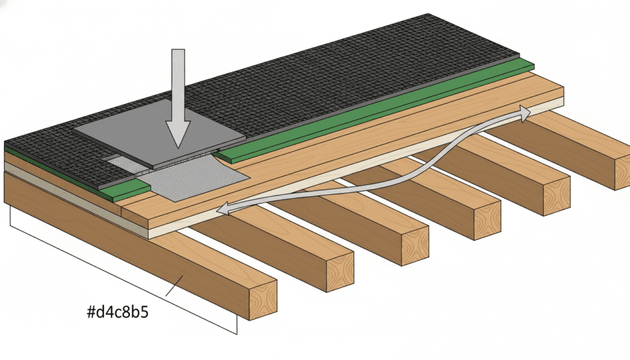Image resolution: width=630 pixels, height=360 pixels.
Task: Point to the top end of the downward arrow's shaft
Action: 178,52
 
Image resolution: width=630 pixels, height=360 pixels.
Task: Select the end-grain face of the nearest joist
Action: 263,298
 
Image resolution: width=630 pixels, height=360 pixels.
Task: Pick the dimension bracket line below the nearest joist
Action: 123,277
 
